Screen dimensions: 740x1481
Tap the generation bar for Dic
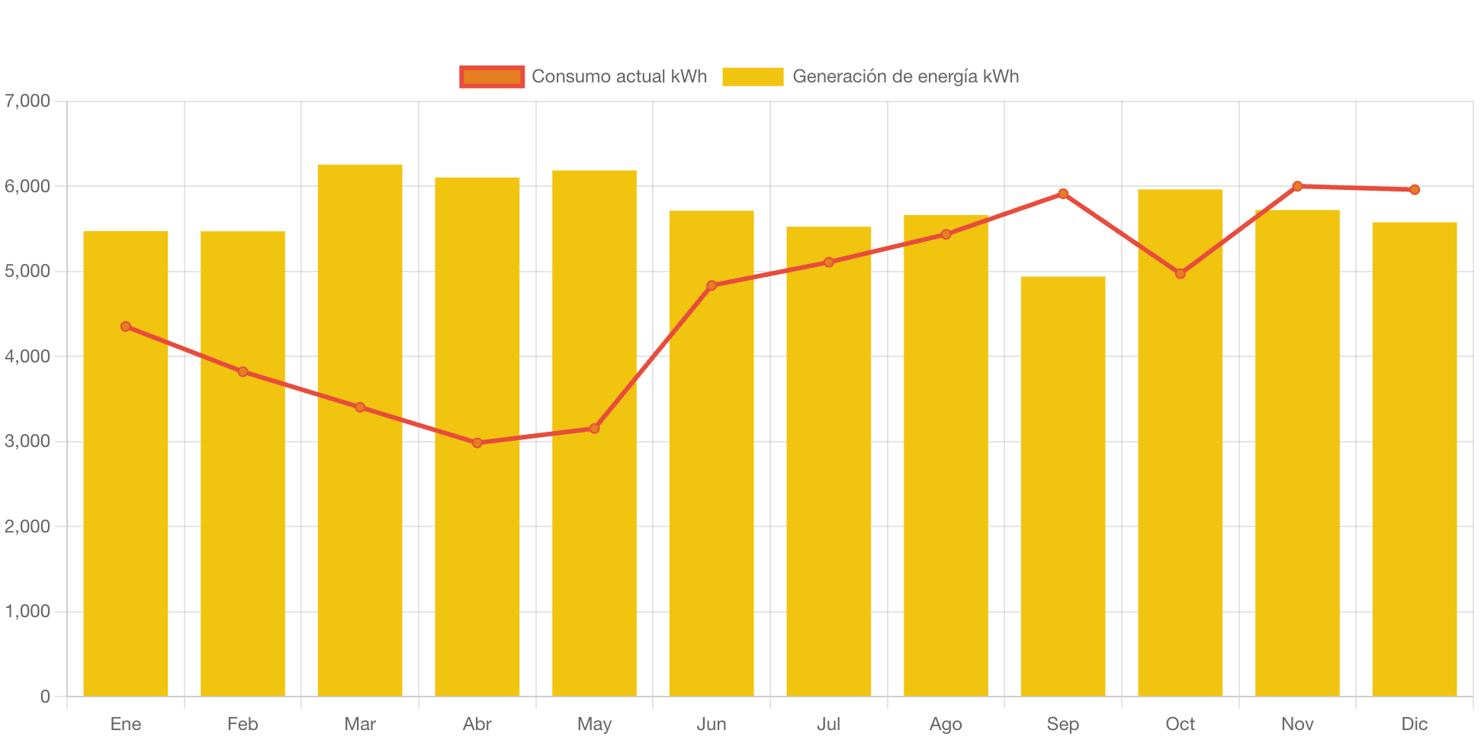pos(1414,458)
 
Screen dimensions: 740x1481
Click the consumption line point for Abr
pos(477,442)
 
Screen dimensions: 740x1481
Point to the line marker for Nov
pos(1297,186)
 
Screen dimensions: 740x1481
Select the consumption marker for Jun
pos(712,285)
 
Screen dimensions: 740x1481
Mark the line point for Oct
pos(1180,273)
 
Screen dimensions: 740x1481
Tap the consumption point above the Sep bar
pos(1062,194)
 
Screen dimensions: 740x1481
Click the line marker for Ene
pos(126,327)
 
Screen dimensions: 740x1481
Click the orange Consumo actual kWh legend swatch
pos(492,76)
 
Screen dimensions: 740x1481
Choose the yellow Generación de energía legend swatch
pos(753,76)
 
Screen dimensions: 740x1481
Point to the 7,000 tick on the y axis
pos(27,101)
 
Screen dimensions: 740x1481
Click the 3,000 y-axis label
pos(27,441)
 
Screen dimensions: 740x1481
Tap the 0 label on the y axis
pos(45,696)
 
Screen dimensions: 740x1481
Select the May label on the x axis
pos(594,723)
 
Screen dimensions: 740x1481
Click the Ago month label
pos(946,723)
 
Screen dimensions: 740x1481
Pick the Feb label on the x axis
pos(243,723)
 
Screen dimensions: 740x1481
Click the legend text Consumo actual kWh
pos(619,76)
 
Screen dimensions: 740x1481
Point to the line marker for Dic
pos(1415,190)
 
